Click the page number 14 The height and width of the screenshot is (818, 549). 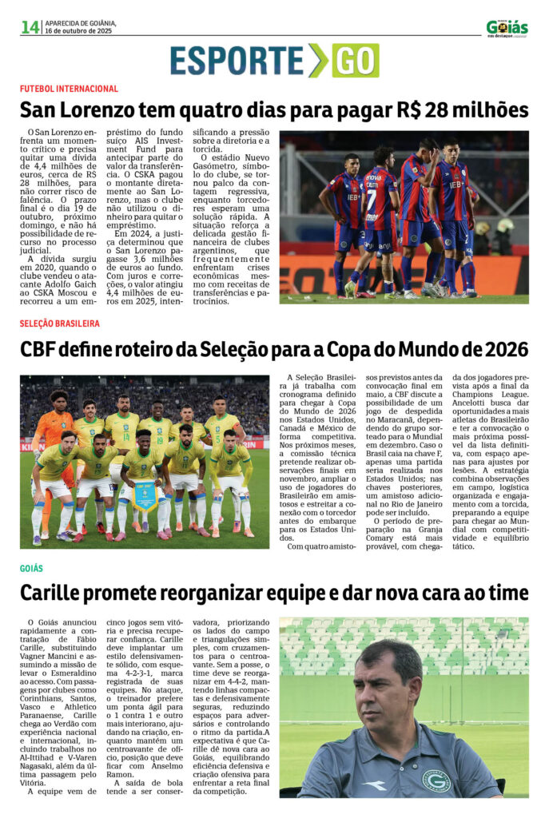tap(30, 27)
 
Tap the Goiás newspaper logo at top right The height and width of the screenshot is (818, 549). tap(507, 28)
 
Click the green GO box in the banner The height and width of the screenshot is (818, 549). tap(355, 61)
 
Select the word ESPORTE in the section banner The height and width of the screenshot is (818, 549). tap(237, 62)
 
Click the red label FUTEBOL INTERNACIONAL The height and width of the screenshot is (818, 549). tap(69, 89)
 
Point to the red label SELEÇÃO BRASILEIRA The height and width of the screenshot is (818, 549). tap(60, 324)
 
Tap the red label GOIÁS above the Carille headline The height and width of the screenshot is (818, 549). tap(32, 568)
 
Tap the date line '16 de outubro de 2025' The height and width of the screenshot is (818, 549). tap(79, 31)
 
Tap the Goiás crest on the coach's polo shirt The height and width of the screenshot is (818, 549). tap(436, 780)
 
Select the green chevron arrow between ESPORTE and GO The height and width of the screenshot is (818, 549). tap(318, 61)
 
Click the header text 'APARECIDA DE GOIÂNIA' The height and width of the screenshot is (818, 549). tap(81, 22)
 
